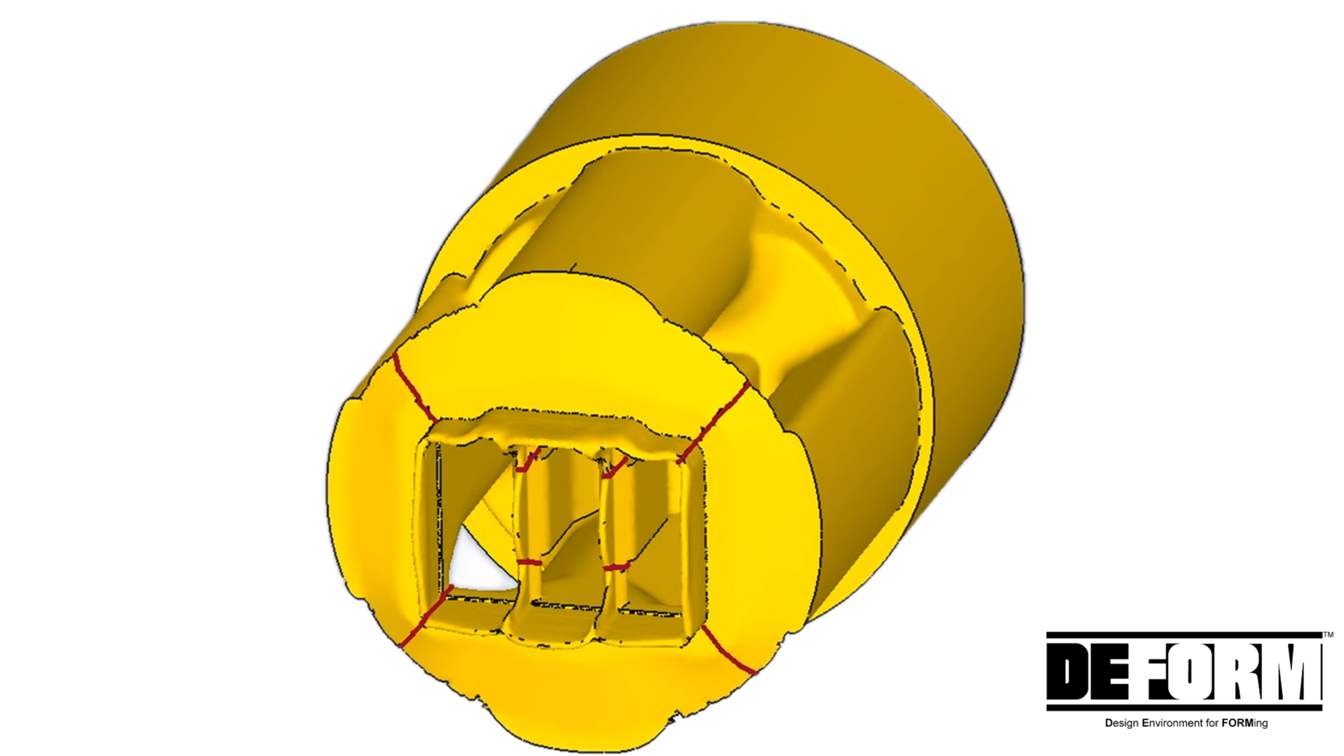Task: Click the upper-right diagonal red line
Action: point(713,424)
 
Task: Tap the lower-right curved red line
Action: point(727,652)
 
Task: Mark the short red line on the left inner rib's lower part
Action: point(530,562)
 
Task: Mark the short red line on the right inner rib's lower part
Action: point(615,567)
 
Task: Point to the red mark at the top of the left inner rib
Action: point(528,461)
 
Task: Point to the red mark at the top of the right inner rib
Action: point(615,466)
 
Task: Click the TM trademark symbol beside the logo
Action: point(1328,635)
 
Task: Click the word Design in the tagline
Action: point(1121,723)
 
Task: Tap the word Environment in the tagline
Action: point(1172,723)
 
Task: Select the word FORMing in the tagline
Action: point(1245,723)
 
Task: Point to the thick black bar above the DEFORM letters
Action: point(1184,635)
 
